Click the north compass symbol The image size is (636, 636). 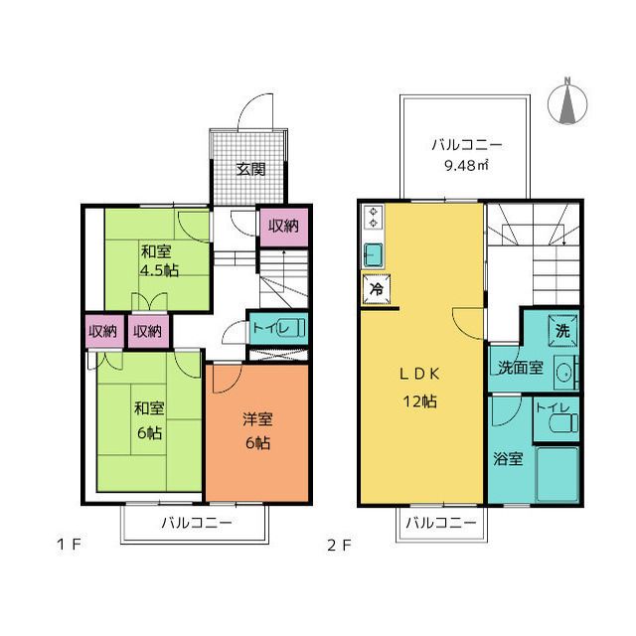[x=567, y=102]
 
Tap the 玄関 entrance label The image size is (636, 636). [x=251, y=169]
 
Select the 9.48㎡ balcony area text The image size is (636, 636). [x=466, y=165]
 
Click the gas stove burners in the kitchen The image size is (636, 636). [x=374, y=218]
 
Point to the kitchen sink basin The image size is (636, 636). [x=374, y=254]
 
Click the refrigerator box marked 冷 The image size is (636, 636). [x=377, y=289]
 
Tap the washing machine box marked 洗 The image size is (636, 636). [x=563, y=331]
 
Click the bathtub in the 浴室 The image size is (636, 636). [x=557, y=474]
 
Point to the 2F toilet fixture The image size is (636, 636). [x=563, y=423]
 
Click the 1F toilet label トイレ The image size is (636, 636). [x=266, y=327]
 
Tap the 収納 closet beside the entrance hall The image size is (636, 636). [x=284, y=227]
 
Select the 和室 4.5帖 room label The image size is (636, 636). [x=159, y=260]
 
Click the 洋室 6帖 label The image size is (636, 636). [x=257, y=430]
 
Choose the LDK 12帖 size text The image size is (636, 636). [x=419, y=401]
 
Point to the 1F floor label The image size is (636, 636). [x=70, y=545]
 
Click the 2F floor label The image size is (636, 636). [x=339, y=546]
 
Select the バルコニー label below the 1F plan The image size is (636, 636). [x=197, y=523]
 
